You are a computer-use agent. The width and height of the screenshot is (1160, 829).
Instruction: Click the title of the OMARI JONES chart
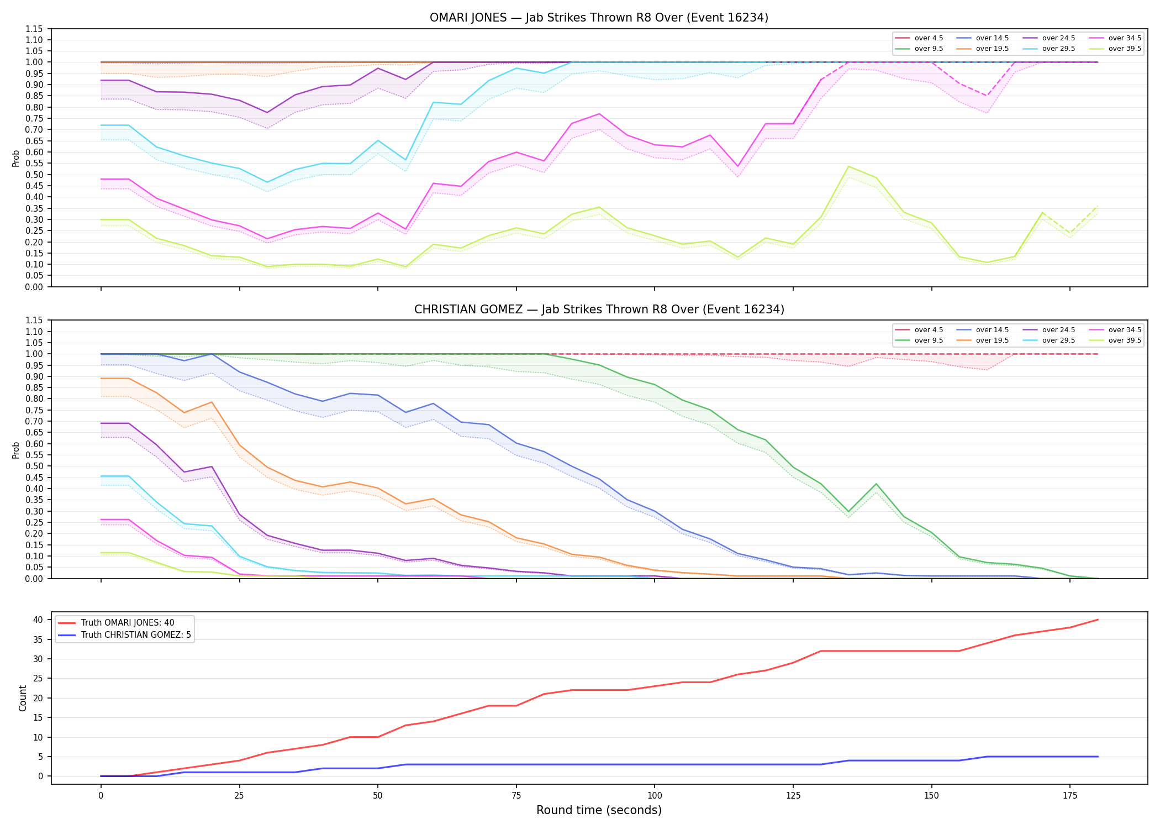[x=599, y=18]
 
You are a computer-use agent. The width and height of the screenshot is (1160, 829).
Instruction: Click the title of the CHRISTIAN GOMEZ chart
[x=599, y=309]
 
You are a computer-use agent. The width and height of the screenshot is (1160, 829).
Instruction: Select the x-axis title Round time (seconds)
[x=599, y=810]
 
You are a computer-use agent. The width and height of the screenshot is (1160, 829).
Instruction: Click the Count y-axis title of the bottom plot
[x=23, y=698]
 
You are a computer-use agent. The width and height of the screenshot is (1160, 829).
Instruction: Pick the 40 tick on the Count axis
[x=39, y=620]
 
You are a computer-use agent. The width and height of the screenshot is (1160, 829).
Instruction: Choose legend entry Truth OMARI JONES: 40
[x=115, y=623]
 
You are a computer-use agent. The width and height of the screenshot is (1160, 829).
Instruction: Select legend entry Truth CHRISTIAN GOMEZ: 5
[x=124, y=635]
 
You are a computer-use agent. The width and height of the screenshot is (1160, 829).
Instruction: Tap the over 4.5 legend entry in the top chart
[x=919, y=38]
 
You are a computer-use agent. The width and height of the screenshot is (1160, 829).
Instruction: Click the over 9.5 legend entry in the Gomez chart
[x=919, y=340]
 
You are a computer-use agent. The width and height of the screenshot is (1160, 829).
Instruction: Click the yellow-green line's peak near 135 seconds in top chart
[x=848, y=166]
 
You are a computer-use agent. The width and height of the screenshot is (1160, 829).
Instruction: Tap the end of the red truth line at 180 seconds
[x=1098, y=620]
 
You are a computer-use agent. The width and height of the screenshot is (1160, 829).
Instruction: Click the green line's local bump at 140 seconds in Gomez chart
[x=876, y=484]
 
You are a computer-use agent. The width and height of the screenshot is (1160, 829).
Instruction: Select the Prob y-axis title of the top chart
[x=16, y=158]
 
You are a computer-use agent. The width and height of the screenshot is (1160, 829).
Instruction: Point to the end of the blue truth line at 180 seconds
[x=1098, y=757]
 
